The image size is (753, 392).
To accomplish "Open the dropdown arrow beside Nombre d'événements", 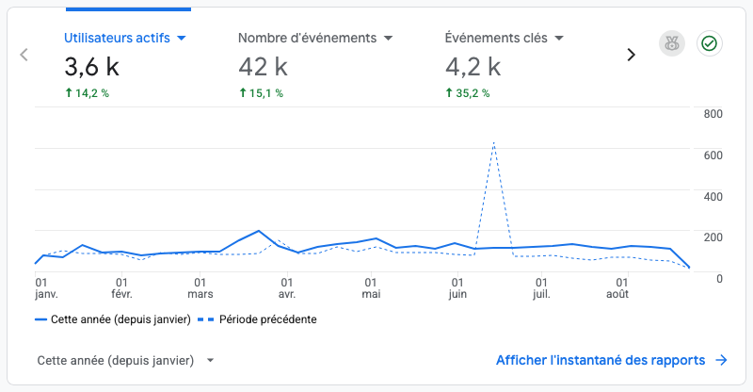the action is [x=389, y=38].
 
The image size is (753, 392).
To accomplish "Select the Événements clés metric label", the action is [x=496, y=38].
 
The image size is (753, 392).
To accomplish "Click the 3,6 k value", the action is [x=91, y=67].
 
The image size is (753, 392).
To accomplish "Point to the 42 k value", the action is [x=264, y=67].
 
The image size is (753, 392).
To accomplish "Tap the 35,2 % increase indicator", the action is [x=468, y=93].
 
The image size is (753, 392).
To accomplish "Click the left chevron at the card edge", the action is [x=24, y=55].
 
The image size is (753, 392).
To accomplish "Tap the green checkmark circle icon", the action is [x=710, y=43].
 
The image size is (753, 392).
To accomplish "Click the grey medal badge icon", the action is [x=672, y=43].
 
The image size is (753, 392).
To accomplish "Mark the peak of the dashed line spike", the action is [x=493, y=142].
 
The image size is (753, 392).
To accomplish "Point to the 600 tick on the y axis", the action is [x=713, y=155].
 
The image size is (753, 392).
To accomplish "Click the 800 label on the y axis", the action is [x=713, y=114].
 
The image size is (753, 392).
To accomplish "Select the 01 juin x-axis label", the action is [x=457, y=288].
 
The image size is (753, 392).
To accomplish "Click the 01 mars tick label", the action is [x=200, y=288].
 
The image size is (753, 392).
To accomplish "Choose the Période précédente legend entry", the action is [x=257, y=319].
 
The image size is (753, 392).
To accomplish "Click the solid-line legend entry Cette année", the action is [x=113, y=319].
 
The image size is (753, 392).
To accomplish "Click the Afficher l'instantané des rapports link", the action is [x=611, y=360].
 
